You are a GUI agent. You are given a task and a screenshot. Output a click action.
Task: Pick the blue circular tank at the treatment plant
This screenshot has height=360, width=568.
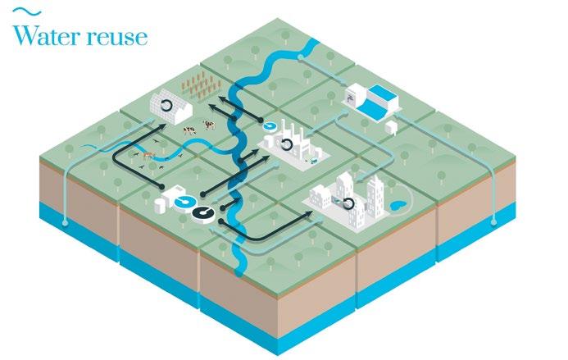[x=185, y=201]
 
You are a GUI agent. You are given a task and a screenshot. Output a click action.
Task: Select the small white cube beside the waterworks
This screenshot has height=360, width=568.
[x=392, y=127]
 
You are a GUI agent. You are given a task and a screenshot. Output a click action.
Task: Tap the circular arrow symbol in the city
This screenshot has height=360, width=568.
[x=349, y=203]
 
